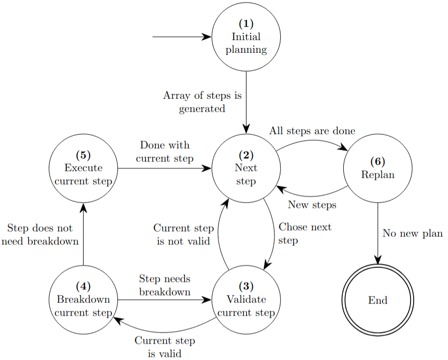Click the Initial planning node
(x=246, y=37)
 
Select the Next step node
(x=246, y=169)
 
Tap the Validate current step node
(x=246, y=300)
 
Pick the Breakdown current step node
(x=83, y=300)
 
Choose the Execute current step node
(x=83, y=169)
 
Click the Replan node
(x=378, y=169)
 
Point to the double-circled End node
(x=378, y=300)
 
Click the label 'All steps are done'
(x=312, y=131)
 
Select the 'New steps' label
(x=312, y=205)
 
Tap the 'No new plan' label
(x=413, y=233)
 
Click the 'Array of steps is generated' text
(x=202, y=102)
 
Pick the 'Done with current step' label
(x=164, y=151)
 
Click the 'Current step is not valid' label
(x=184, y=235)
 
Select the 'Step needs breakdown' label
(x=164, y=285)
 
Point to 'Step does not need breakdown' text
(x=40, y=235)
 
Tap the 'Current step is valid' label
(x=164, y=347)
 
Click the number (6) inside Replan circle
(x=378, y=161)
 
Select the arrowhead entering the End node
(x=378, y=260)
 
